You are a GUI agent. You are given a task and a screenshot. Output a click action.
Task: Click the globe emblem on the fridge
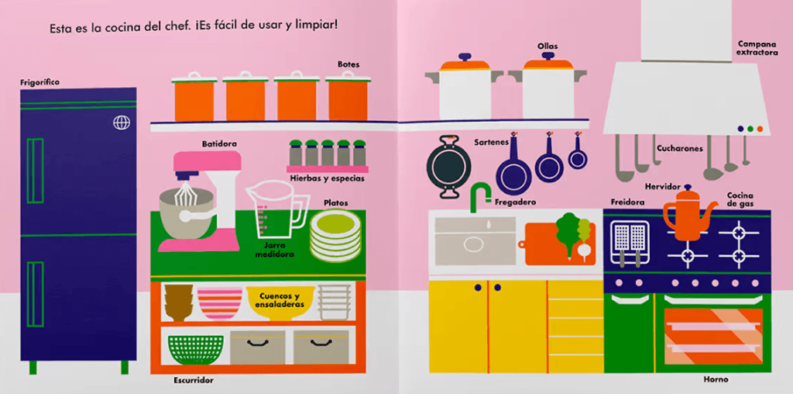tap(122, 122)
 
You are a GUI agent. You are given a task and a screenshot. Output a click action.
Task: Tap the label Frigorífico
tap(40, 82)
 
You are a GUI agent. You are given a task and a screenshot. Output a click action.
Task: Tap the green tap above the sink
tap(479, 195)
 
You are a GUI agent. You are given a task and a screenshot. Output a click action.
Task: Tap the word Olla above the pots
tap(548, 47)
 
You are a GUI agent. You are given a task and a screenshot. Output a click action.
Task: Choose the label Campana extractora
tap(756, 48)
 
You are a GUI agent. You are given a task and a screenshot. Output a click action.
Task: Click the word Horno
tap(716, 379)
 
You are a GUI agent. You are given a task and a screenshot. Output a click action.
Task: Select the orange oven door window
tap(713, 336)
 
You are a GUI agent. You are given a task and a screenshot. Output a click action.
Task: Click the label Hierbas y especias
tap(327, 178)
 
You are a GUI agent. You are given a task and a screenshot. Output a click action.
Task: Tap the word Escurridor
tap(194, 380)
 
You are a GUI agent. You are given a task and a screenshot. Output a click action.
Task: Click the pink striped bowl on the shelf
tap(220, 302)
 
